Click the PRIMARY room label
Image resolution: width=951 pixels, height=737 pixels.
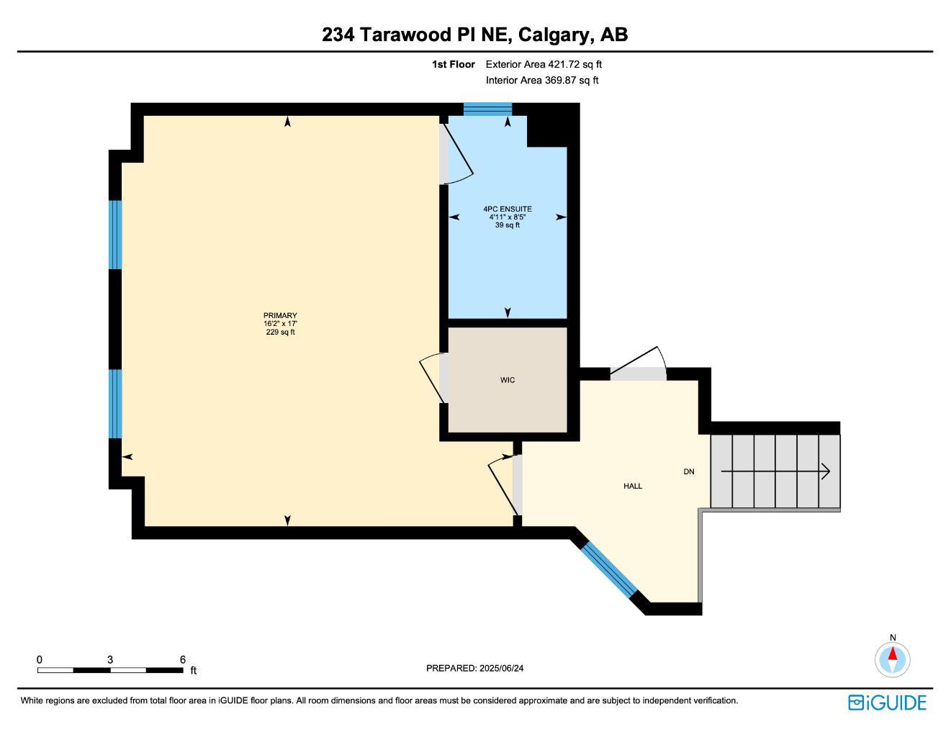(x=280, y=315)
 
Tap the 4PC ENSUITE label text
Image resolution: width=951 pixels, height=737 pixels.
(x=508, y=209)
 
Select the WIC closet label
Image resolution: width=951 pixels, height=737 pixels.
(x=508, y=380)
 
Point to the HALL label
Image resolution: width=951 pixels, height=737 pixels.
(x=633, y=486)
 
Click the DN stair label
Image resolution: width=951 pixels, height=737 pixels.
(x=689, y=471)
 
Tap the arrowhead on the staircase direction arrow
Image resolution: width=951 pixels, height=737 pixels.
(x=826, y=472)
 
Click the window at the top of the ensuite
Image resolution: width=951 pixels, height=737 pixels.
(x=487, y=109)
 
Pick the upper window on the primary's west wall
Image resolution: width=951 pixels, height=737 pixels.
(x=115, y=234)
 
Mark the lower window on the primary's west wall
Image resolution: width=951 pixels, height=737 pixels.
(x=115, y=403)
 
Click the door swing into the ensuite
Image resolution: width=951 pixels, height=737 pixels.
(x=458, y=153)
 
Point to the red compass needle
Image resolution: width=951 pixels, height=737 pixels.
(x=893, y=654)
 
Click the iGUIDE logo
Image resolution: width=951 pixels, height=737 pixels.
(x=887, y=702)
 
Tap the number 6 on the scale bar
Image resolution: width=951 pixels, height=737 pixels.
(x=183, y=659)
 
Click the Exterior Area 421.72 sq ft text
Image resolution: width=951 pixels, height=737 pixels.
(x=544, y=64)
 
